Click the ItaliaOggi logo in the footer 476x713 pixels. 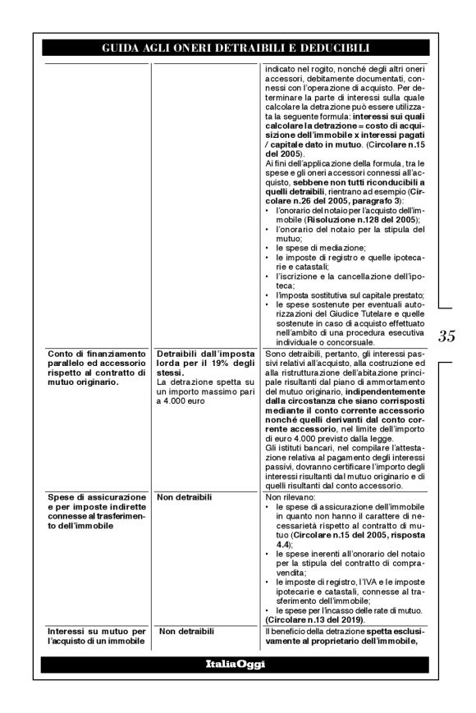pos(235,663)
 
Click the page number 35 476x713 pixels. pos(447,336)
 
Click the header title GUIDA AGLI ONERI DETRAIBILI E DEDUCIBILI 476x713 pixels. pos(235,48)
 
